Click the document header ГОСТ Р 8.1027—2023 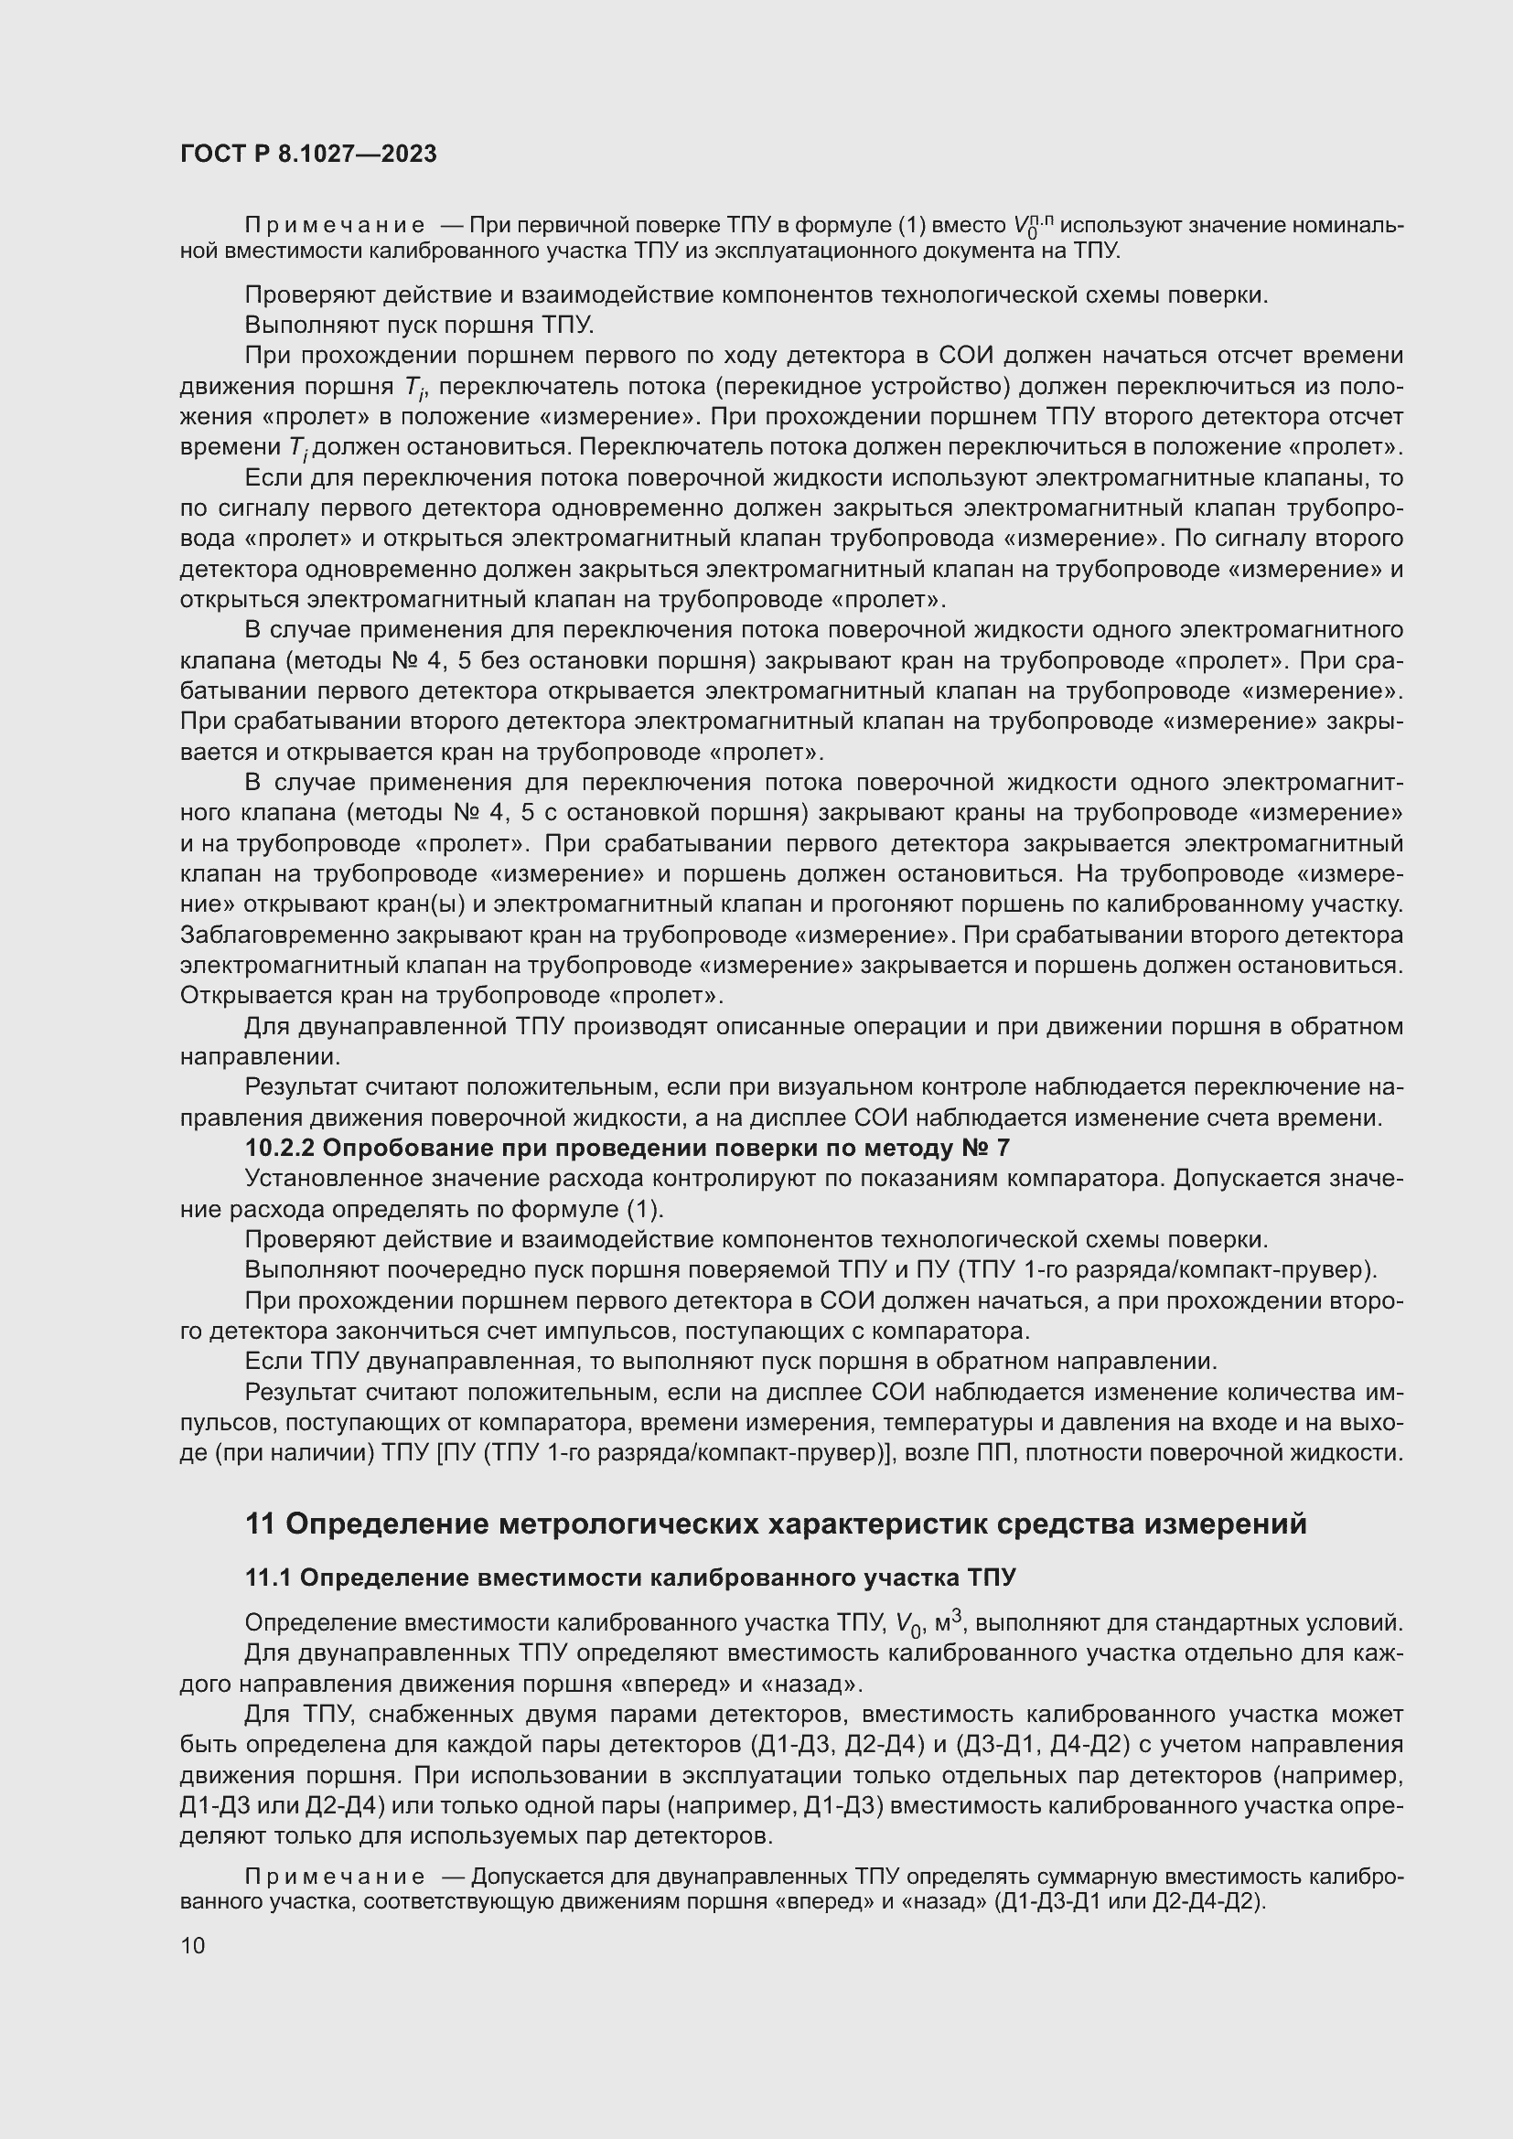point(308,155)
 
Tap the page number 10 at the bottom point(193,1945)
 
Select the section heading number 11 point(260,1525)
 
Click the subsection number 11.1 point(268,1578)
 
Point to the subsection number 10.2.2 point(280,1148)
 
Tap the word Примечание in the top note point(335,226)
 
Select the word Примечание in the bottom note point(335,1877)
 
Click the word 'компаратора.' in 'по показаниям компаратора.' point(1086,1179)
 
